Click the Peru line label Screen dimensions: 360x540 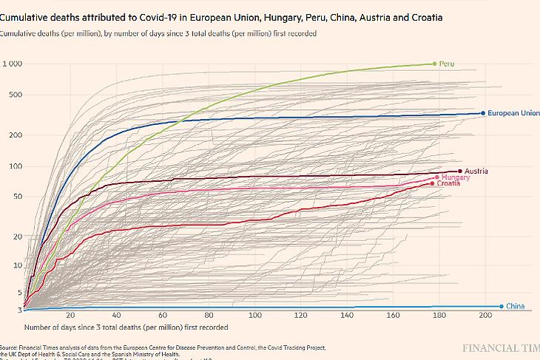pyautogui.click(x=446, y=64)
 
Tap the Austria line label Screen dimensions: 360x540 pyautogui.click(x=476, y=171)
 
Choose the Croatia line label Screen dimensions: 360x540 pyautogui.click(x=448, y=183)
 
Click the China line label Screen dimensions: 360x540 pyautogui.click(x=515, y=306)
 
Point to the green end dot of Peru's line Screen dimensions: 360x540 pyautogui.click(x=434, y=64)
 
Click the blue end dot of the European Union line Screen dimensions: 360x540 pyautogui.click(x=483, y=113)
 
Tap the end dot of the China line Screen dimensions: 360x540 pyautogui.click(x=502, y=306)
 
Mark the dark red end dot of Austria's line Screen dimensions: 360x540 pyautogui.click(x=460, y=171)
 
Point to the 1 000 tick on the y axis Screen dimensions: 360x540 pyautogui.click(x=12, y=64)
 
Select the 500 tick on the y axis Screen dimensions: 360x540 pyautogui.click(x=16, y=95)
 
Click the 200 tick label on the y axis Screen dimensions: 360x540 pyautogui.click(x=16, y=135)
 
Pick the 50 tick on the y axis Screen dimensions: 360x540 pyautogui.click(x=18, y=196)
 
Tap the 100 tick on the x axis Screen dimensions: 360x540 pyautogui.click(x=256, y=316)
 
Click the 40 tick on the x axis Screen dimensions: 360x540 pyautogui.click(x=118, y=316)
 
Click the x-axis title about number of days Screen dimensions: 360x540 pyautogui.click(x=126, y=327)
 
